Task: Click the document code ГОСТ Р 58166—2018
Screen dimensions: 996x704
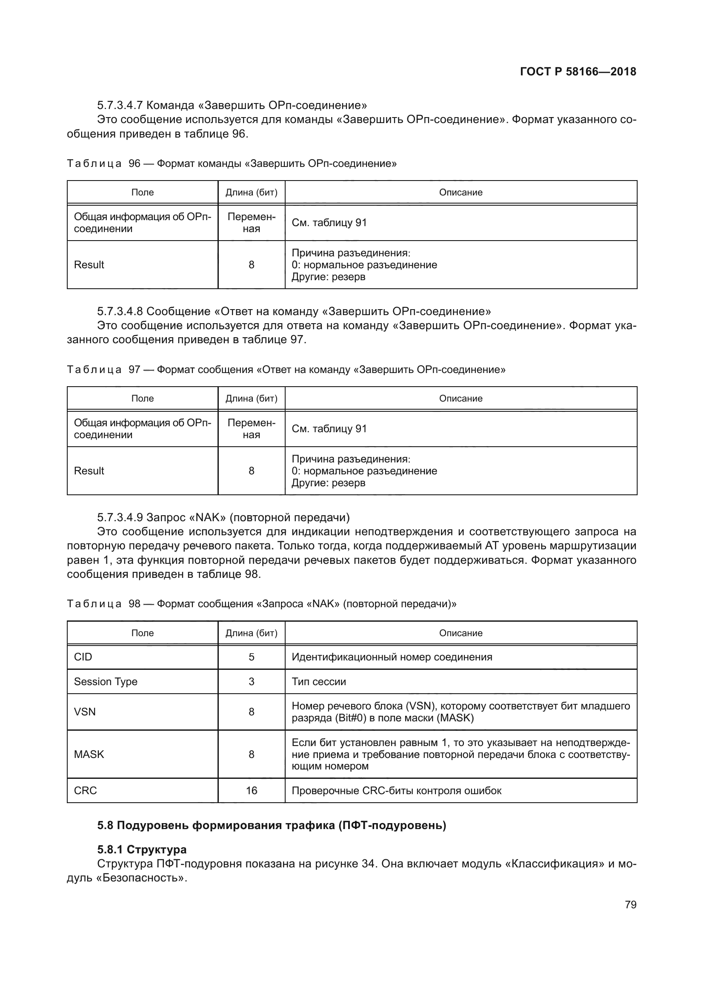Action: coord(578,72)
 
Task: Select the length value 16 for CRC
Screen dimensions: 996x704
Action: coord(252,790)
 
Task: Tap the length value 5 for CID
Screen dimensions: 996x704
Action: coord(252,657)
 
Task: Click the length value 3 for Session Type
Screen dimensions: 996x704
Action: coord(252,681)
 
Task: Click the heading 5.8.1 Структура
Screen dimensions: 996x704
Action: coord(142,850)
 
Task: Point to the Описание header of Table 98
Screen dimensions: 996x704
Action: coord(461,633)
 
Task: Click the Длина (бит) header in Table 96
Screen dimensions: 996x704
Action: coord(252,192)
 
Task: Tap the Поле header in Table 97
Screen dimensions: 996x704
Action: coord(142,398)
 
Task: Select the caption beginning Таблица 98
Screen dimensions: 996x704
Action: coord(261,604)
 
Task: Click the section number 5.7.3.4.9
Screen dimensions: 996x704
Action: coord(120,517)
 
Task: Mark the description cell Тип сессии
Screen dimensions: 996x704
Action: coord(319,681)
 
